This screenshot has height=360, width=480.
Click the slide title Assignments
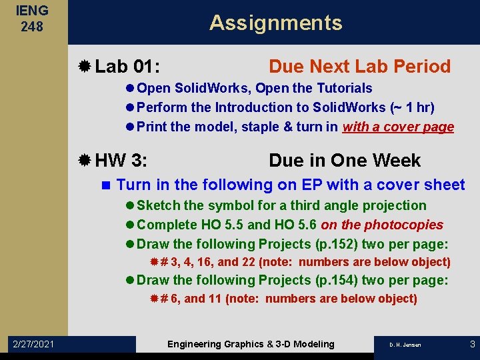tap(275, 23)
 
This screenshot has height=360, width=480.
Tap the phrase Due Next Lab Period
tap(359, 67)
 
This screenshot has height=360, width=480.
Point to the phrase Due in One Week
tap(345, 161)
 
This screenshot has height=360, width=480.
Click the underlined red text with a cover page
tap(398, 127)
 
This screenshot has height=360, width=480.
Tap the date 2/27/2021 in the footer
tap(34, 344)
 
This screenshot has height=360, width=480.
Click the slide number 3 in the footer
tap(472, 344)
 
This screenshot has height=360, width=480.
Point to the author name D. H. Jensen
tap(405, 345)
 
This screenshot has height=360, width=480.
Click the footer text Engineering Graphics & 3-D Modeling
tap(251, 344)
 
